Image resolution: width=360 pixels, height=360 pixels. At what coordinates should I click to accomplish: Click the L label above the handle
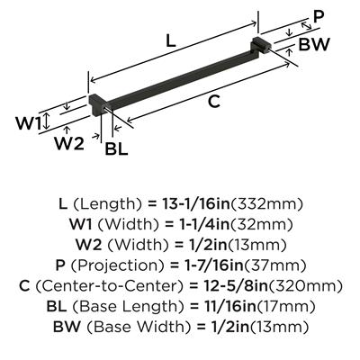point(170,40)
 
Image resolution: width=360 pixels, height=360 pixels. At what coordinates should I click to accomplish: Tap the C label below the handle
point(214,101)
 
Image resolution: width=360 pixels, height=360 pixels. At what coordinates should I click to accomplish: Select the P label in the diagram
point(319,18)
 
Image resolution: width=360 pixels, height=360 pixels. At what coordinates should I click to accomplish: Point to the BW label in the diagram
point(314,44)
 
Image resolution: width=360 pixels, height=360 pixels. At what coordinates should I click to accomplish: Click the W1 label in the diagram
point(28,123)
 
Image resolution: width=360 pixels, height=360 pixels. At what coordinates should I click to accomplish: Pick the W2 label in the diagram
point(69,144)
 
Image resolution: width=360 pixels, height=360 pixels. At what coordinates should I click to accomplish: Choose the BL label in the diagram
point(116,148)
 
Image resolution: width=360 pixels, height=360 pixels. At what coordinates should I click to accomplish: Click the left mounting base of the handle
point(97,104)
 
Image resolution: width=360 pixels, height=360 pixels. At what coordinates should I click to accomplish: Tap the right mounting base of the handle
point(260,46)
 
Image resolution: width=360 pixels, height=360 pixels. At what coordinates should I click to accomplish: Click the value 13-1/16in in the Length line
point(195,204)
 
